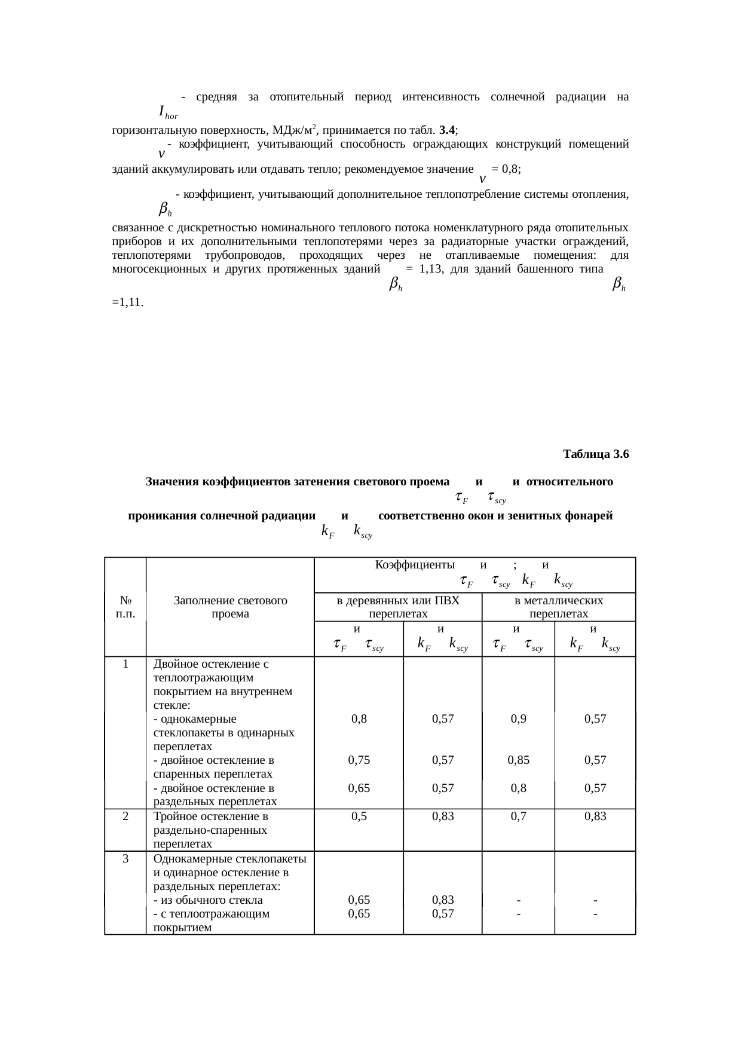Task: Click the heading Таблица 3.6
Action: tap(595, 454)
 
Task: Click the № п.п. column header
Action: tap(125, 607)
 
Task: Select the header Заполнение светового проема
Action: tap(230, 607)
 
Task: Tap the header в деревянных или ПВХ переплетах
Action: tap(398, 607)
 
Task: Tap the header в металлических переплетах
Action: tap(558, 607)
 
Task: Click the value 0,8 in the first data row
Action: tap(359, 719)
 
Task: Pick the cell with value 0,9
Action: tap(518, 719)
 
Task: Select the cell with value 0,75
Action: tap(359, 760)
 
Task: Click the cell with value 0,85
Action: tap(518, 760)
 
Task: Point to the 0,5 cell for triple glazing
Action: tap(359, 816)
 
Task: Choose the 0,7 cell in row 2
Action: tap(518, 816)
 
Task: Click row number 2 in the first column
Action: tap(125, 816)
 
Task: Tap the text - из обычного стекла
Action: tap(208, 900)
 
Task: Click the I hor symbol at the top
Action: tap(168, 112)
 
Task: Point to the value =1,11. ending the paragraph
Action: tap(127, 302)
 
